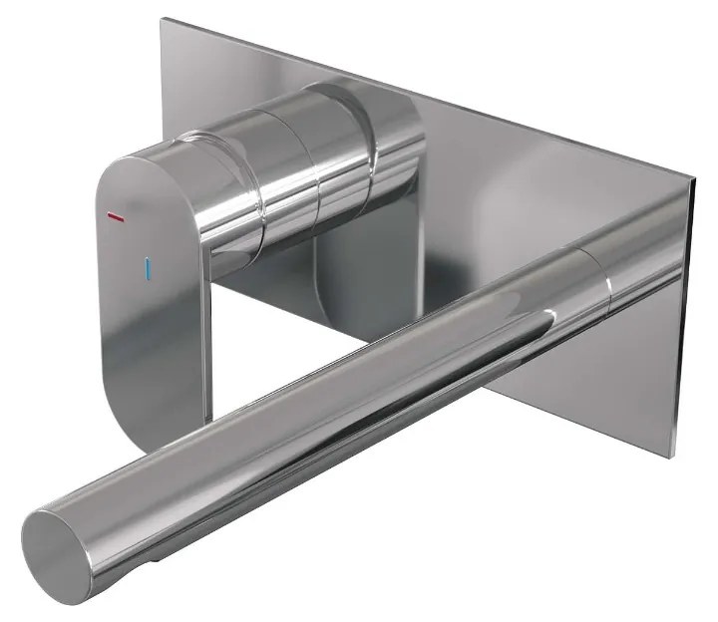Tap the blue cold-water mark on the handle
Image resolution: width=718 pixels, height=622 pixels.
[149, 268]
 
